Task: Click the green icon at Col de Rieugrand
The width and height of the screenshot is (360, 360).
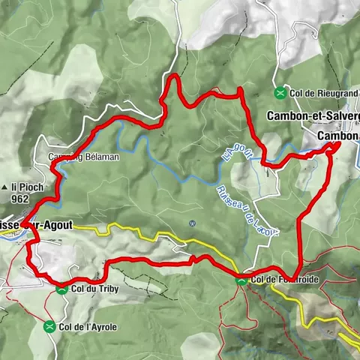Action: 280,93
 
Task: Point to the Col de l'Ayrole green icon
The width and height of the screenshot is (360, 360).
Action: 49,325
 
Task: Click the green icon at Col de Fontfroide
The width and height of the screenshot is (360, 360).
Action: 241,280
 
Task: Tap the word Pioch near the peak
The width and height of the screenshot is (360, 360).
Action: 25,187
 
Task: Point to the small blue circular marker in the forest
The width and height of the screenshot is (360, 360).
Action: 193,223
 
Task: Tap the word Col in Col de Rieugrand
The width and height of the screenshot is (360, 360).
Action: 295,93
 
